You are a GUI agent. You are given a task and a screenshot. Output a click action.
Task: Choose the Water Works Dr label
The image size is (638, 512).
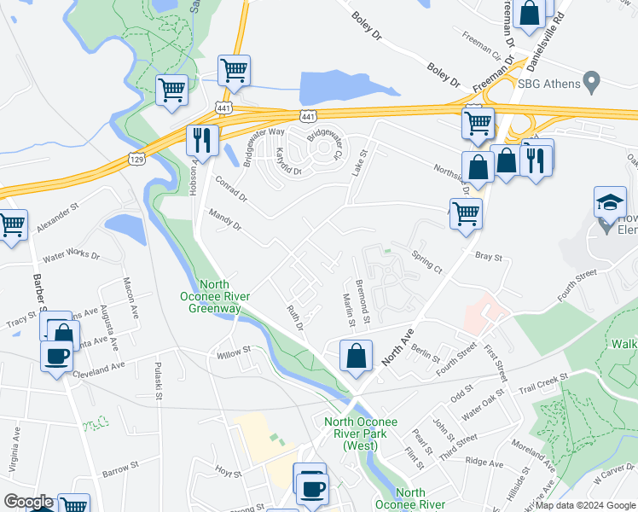71,255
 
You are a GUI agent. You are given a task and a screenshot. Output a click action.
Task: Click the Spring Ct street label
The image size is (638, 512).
426,261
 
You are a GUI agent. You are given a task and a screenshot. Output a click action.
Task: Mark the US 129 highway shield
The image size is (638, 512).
136,158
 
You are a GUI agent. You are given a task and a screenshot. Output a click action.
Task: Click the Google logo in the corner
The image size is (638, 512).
27,502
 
